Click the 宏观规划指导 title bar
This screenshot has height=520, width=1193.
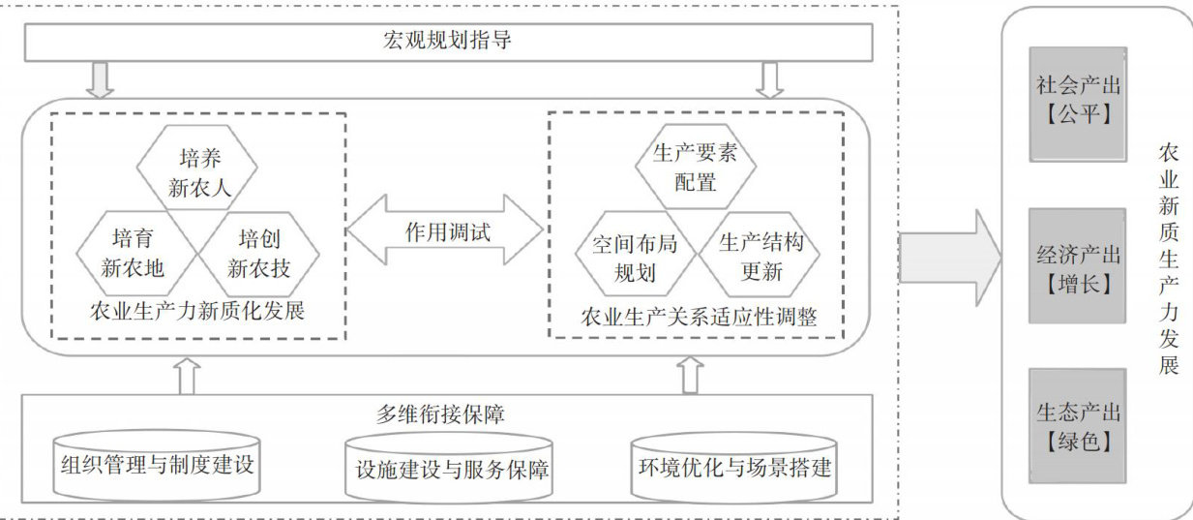(447, 41)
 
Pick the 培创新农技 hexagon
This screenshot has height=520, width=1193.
(257, 251)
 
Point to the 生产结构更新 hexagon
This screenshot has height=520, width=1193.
(761, 257)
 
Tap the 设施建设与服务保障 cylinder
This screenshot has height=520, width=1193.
(452, 468)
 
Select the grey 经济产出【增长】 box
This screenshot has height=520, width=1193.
(1077, 266)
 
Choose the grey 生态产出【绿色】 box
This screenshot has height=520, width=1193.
(1077, 426)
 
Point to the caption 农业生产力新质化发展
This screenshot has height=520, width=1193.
(198, 312)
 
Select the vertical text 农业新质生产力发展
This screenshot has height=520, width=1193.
(1169, 259)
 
